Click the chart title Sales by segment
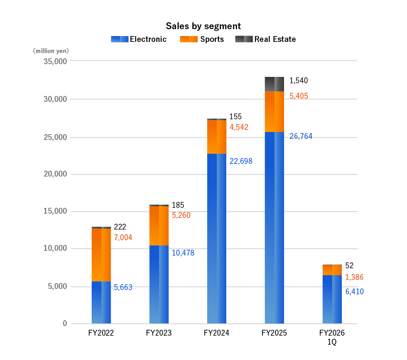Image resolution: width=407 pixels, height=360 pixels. coord(203,26)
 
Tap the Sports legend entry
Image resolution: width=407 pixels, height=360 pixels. coord(202,39)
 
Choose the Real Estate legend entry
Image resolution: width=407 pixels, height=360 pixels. coord(266,39)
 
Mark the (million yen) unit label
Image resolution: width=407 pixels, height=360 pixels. coord(51,51)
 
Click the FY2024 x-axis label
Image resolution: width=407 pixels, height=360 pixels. coord(217,333)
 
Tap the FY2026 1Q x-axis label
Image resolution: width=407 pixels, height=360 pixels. coord(332,338)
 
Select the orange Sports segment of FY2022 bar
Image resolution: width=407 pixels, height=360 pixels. coord(101,254)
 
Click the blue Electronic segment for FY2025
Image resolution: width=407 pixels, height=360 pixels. coord(274,227)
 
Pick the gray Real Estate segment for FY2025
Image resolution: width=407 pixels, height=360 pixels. coord(274,84)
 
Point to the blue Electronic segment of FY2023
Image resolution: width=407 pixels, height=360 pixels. coord(159,284)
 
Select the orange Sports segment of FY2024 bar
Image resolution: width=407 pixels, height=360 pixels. coord(217,137)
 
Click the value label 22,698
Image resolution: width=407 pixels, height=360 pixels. coord(241,161)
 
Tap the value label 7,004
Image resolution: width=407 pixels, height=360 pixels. coord(123,238)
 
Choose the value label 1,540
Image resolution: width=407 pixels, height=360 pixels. coord(298,81)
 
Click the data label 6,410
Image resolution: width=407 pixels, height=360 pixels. coord(354,291)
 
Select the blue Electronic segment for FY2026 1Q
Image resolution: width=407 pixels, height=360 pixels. coord(332,299)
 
